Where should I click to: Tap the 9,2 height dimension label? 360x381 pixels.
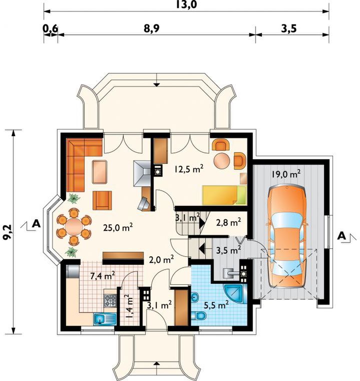pos(8,232)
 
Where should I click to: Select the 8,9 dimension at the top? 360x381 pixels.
pos(151,29)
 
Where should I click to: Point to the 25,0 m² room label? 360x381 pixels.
pos(118,227)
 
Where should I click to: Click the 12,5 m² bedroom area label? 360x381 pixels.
pos(189,169)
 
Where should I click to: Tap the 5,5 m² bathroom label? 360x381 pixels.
pos(216,305)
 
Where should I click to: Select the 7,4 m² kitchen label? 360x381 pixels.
pos(103,276)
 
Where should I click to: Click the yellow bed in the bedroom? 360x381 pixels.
pos(224,195)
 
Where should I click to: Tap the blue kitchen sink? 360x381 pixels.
pos(105,319)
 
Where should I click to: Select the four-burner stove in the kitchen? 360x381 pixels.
pos(110,300)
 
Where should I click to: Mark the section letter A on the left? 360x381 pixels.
pos(36,224)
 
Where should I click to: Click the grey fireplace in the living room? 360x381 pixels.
pos(143,174)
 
